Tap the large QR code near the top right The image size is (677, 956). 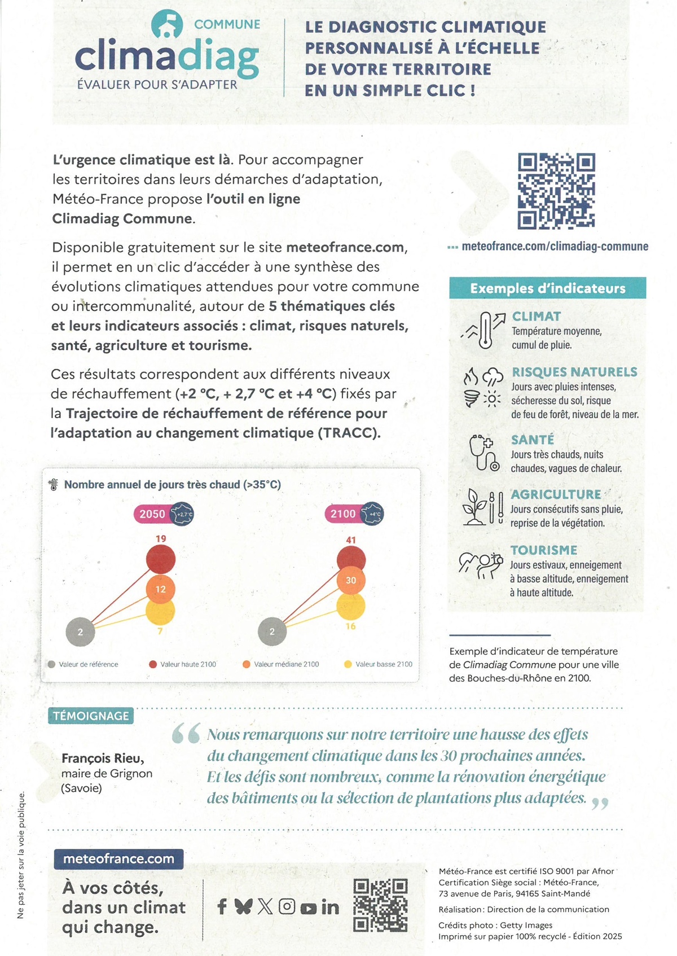pos(556,191)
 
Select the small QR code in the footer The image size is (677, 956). pos(380,905)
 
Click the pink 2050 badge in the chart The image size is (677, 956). pos(152,514)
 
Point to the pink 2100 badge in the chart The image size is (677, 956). pos(343,514)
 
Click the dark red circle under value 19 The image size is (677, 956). pos(161,559)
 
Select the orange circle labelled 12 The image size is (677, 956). pos(161,589)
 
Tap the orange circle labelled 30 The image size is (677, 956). pos(351,580)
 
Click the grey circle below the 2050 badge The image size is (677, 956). pos(80,632)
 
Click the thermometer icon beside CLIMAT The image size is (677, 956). pos(484,330)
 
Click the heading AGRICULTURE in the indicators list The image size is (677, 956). pos(556,494)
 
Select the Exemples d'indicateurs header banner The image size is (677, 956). pos(547,288)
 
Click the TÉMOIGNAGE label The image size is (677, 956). pos(91,716)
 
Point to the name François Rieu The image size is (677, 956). pos(103,758)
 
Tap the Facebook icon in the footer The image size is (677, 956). pos(222,907)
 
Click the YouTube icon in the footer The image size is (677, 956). pos(308,908)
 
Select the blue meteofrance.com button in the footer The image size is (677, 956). pos(118,859)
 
